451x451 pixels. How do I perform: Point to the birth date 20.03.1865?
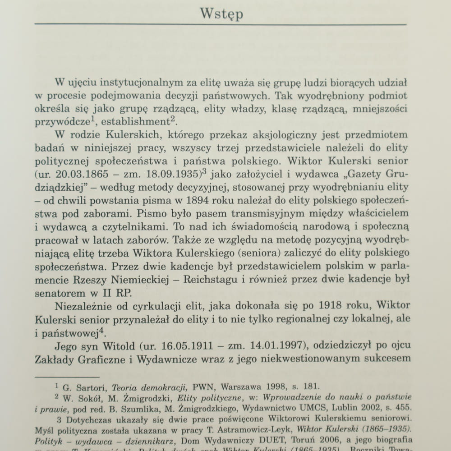(x=85, y=174)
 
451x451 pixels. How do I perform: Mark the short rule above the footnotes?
(x=66, y=376)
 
